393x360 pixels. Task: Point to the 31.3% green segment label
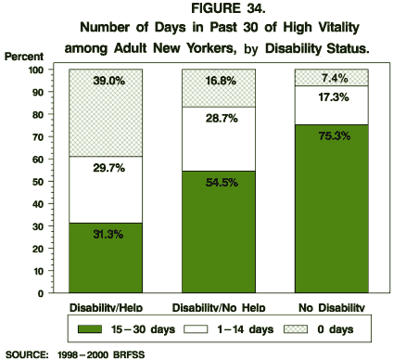tap(106, 235)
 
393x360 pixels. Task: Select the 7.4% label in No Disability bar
tap(331, 78)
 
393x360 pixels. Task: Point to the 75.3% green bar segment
tap(331, 209)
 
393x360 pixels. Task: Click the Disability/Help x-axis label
tap(106, 307)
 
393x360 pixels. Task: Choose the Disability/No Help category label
tap(218, 307)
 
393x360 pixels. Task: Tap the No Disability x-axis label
tap(331, 307)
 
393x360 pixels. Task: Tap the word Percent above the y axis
tap(23, 57)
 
